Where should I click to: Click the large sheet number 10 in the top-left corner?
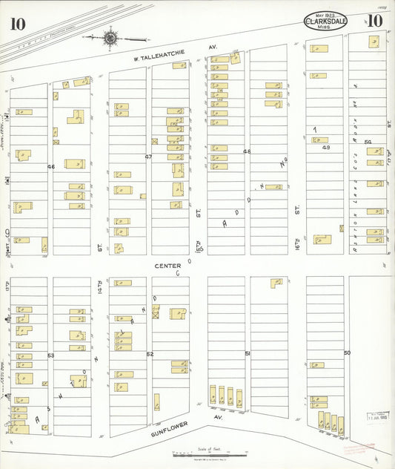17,24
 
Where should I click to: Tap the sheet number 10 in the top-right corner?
374,21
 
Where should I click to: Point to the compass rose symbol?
110,36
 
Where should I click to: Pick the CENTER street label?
167,265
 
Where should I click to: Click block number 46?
51,167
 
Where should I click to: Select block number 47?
148,157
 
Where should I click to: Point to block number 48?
247,151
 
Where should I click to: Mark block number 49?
325,148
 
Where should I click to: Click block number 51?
247,354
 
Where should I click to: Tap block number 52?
149,354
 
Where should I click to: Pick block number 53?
51,355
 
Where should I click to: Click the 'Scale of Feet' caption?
210,448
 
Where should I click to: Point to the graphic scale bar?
210,454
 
